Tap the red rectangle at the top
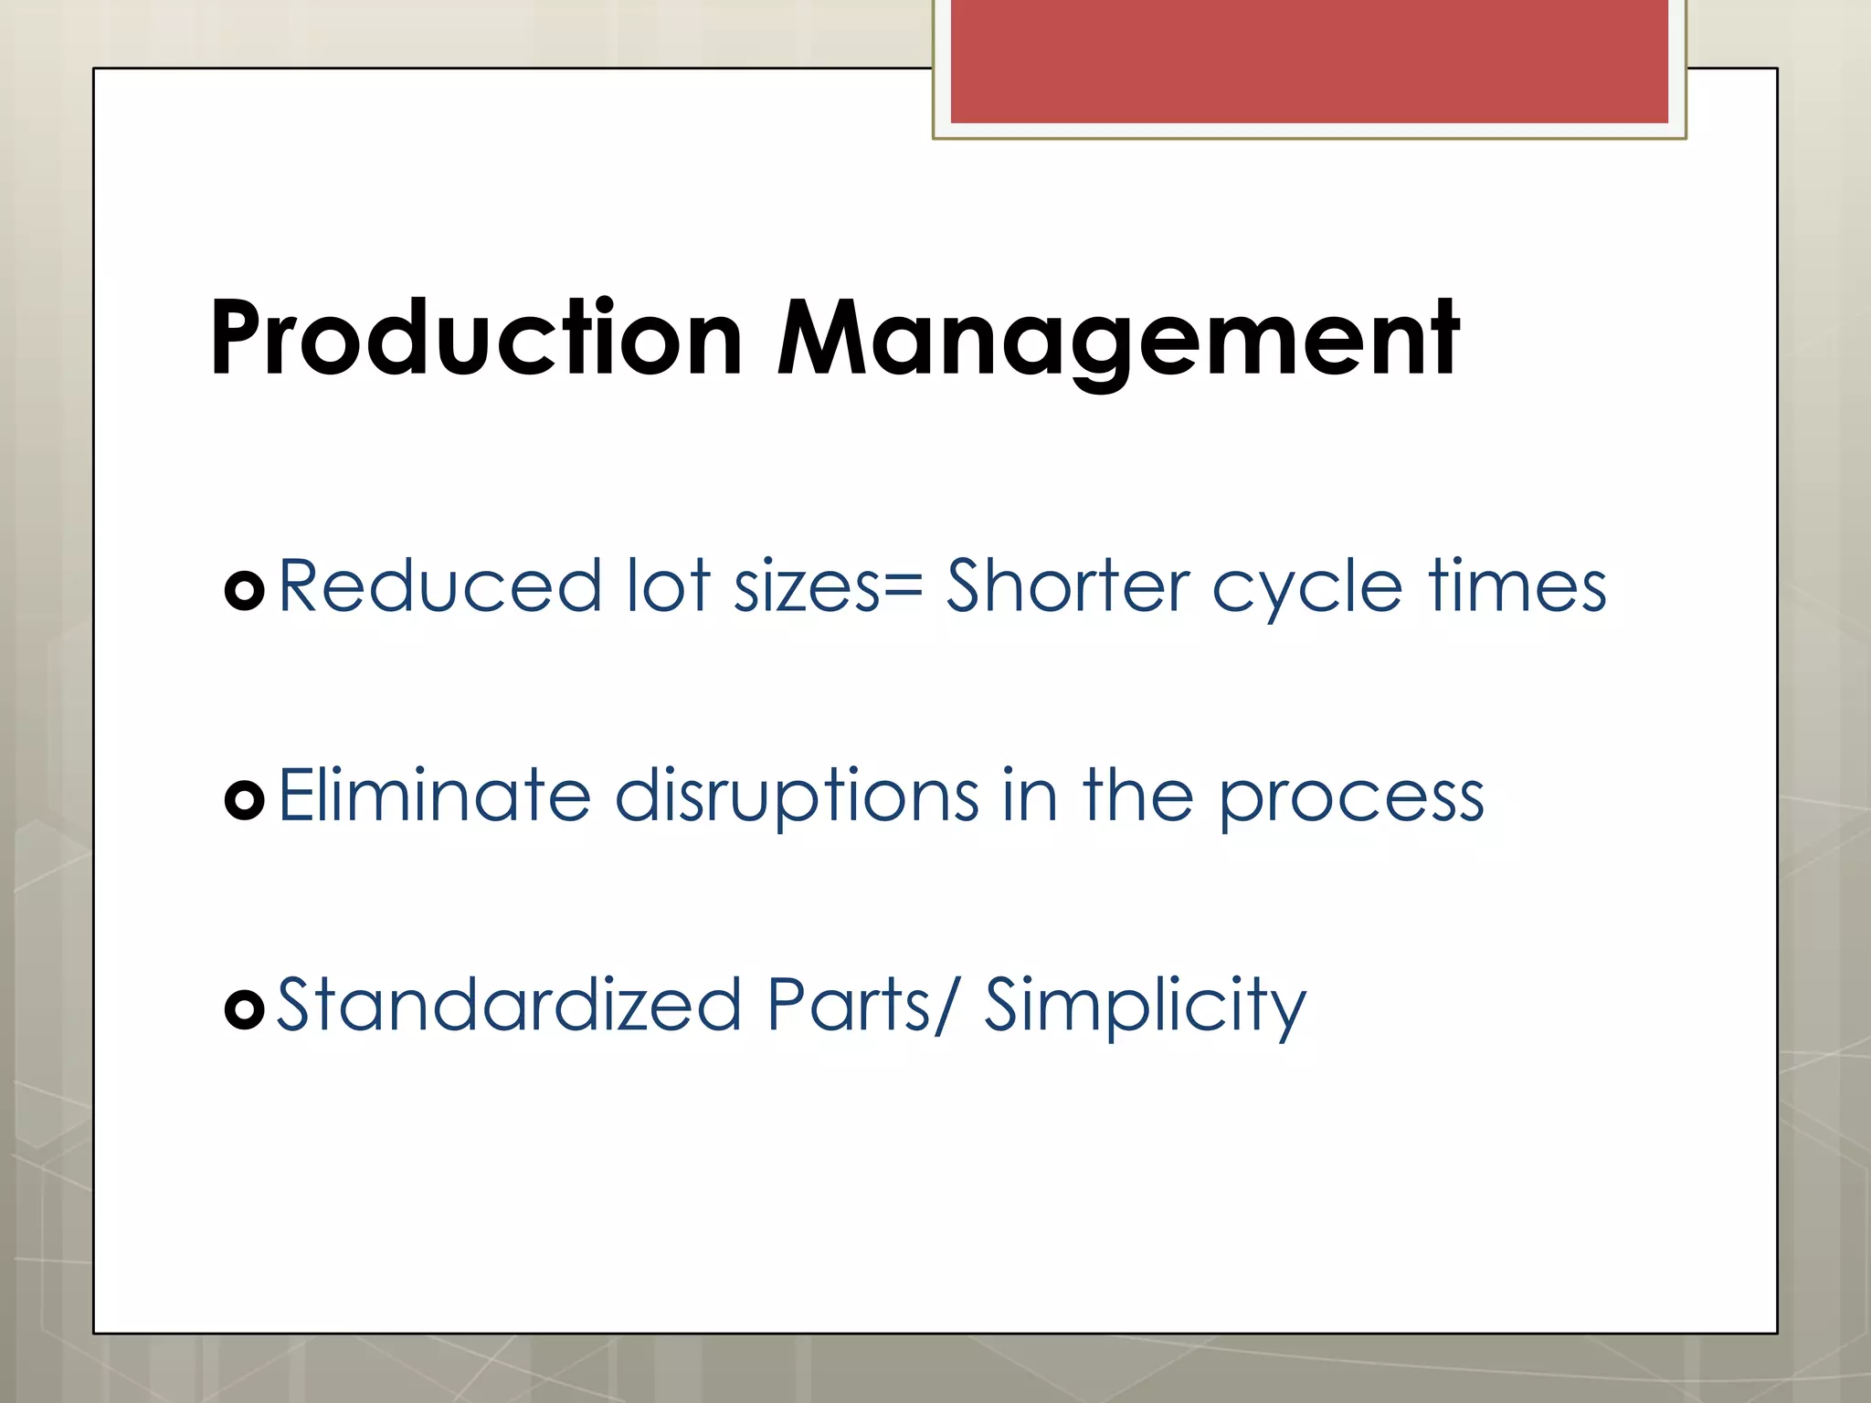pos(1308,60)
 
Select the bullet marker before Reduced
pos(244,591)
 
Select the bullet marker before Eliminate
pos(244,800)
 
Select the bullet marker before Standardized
pos(244,1009)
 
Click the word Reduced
pos(439,586)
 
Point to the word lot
pos(668,586)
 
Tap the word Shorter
pos(1067,586)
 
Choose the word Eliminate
pos(434,796)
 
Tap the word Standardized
pos(508,1005)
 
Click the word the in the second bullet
pos(1137,796)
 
